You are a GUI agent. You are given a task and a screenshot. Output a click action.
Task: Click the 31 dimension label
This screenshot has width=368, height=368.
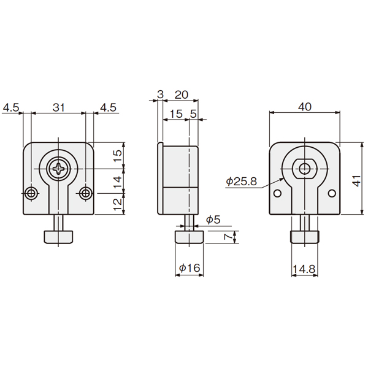[x=58, y=107]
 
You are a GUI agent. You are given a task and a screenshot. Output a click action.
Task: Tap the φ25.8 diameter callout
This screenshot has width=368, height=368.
[x=242, y=181]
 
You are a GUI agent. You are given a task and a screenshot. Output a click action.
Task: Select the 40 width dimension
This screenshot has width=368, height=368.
[x=305, y=107]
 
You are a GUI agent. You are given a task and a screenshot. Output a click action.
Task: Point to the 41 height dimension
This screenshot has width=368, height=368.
[x=356, y=180]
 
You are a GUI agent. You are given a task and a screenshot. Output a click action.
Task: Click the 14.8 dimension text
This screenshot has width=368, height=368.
[x=304, y=269]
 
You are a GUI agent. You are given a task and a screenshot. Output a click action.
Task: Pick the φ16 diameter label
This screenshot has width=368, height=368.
[x=190, y=268]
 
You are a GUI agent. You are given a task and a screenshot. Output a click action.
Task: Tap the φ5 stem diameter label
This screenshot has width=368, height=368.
[x=213, y=220]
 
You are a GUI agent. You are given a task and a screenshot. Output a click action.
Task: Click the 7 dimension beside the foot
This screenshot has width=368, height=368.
[x=228, y=237]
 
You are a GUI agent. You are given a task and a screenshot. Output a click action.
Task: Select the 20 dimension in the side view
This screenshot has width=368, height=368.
[x=182, y=94]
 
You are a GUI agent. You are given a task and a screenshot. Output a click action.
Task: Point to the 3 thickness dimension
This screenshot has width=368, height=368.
[x=160, y=94]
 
